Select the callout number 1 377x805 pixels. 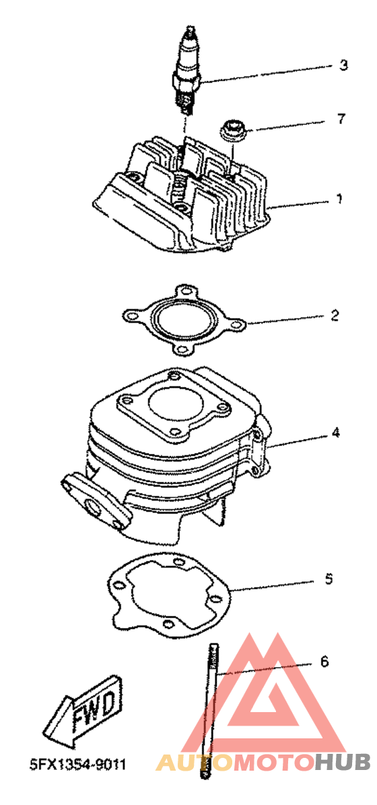pos(339,199)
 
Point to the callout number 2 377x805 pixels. pos(335,315)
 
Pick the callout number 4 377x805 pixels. pos(335,433)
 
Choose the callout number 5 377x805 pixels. pos(329,579)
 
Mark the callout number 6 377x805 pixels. pos(324,662)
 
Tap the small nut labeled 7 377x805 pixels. pos(234,129)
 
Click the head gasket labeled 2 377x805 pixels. pos(183,321)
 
